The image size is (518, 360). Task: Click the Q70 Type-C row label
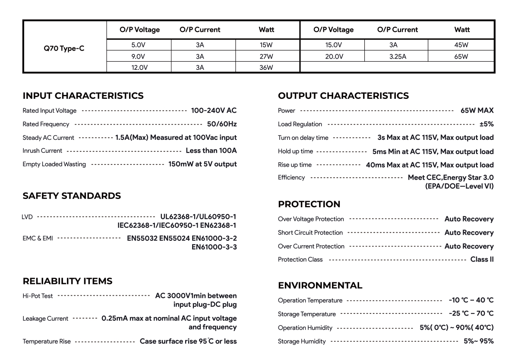click(64, 48)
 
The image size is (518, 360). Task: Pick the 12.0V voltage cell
click(139, 67)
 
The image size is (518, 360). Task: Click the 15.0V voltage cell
click(333, 44)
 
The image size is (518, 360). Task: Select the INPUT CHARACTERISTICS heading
click(83, 95)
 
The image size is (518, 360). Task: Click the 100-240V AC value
click(214, 111)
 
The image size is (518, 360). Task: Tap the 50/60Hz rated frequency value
click(221, 124)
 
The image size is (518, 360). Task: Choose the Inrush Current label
click(42, 151)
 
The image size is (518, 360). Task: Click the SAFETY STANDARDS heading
click(72, 196)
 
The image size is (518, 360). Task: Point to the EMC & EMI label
click(38, 238)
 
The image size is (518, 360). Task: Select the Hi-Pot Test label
click(38, 296)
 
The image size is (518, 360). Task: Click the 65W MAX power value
click(477, 111)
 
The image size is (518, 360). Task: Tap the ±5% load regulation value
click(486, 124)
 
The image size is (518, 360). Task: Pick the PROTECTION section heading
click(309, 204)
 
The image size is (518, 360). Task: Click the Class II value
click(482, 259)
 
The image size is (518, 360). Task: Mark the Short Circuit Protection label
click(310, 233)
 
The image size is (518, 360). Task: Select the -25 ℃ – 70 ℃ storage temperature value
click(471, 313)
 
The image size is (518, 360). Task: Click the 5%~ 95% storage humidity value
click(479, 341)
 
